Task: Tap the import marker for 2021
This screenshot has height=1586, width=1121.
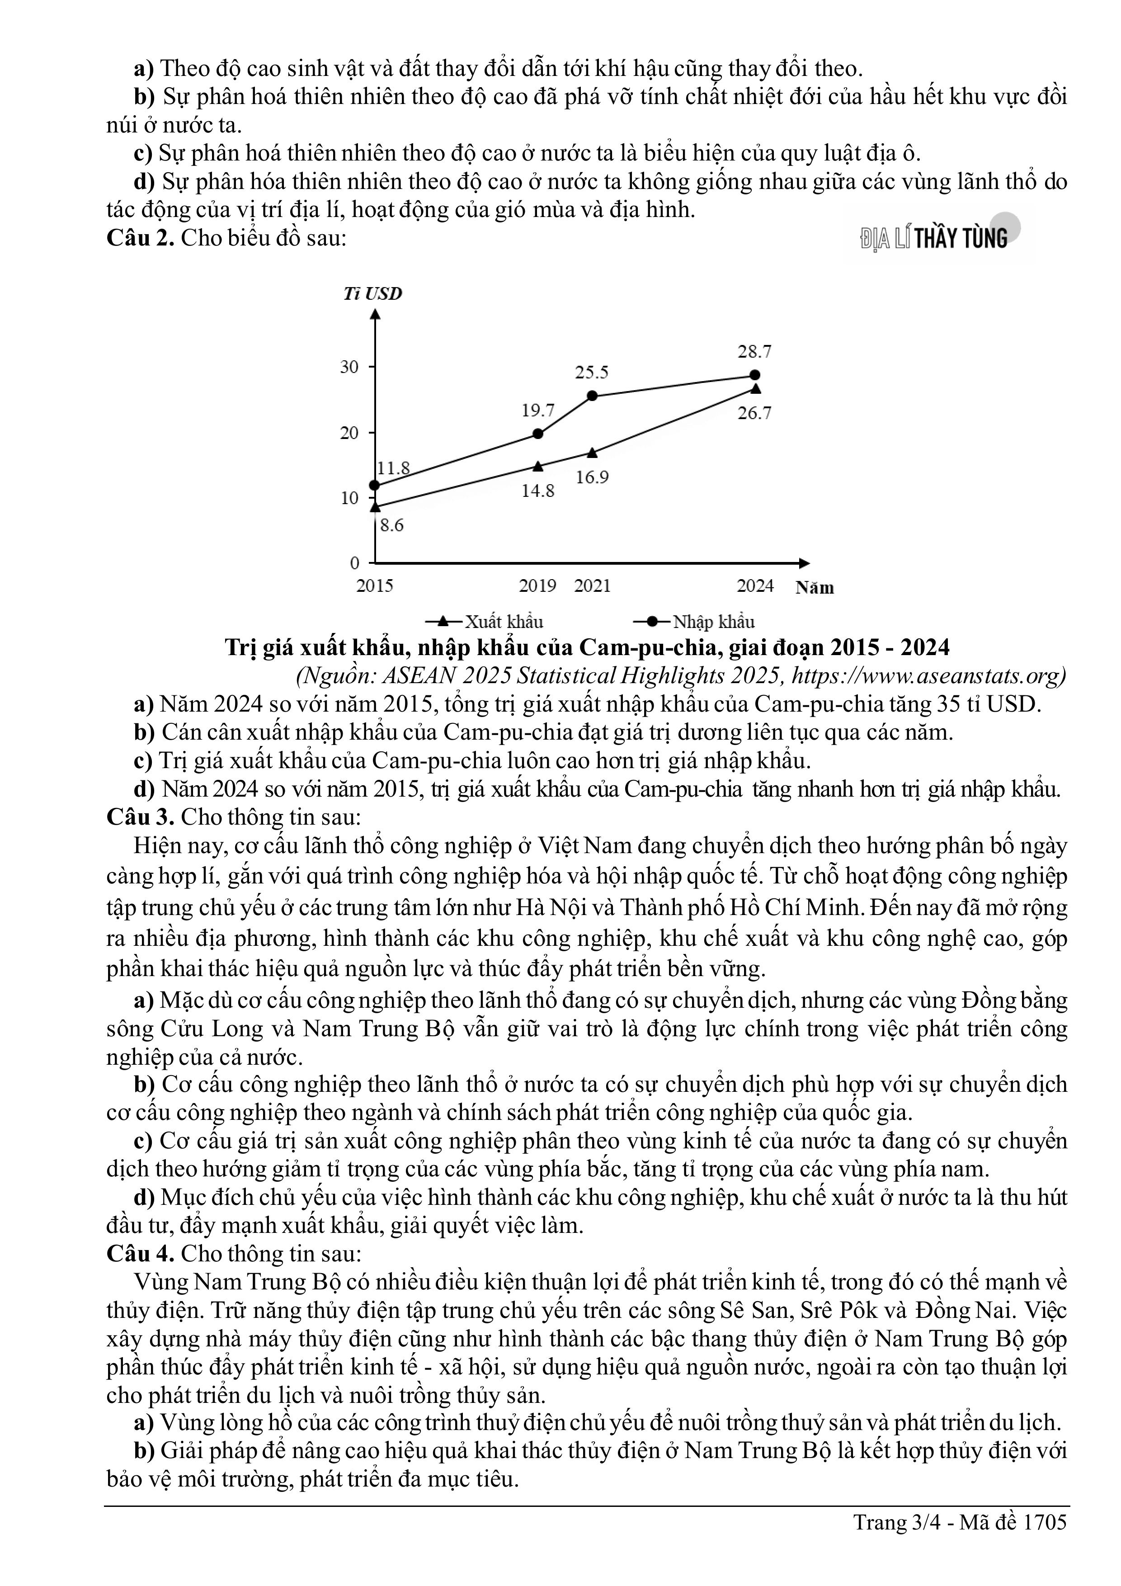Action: tap(593, 396)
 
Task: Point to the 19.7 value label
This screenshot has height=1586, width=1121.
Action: tap(537, 411)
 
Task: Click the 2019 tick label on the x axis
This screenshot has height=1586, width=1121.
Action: tap(537, 586)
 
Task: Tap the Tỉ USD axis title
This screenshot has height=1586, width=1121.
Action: tap(373, 293)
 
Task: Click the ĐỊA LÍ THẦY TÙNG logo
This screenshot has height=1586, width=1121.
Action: tap(934, 238)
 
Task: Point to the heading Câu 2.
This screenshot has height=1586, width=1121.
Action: tap(140, 238)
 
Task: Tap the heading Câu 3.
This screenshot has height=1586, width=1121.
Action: tap(140, 817)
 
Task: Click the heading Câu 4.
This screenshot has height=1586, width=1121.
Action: tap(140, 1254)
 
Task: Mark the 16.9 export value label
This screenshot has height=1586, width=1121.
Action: tap(592, 477)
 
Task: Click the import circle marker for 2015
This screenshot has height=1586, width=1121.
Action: tap(374, 486)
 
